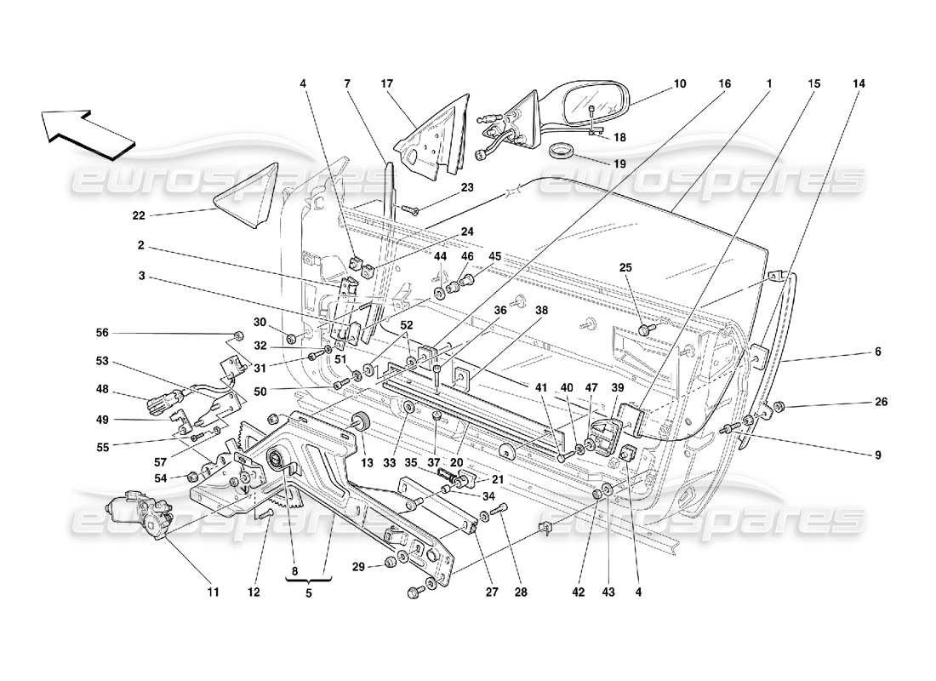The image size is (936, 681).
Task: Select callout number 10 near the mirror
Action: click(679, 84)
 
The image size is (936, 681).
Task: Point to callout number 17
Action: click(387, 84)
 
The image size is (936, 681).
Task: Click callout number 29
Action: click(357, 567)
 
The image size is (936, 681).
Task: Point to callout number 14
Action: click(859, 84)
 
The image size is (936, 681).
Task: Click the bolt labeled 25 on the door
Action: click(648, 329)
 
